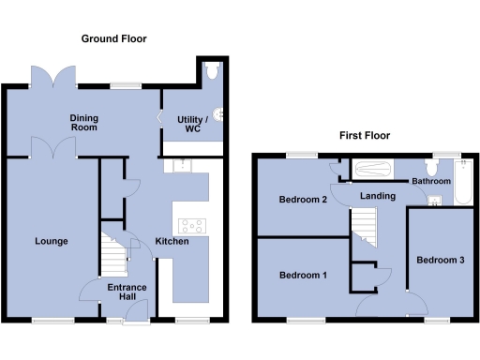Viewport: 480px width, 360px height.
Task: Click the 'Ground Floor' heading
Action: (113, 38)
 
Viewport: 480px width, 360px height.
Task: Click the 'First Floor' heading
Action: (365, 135)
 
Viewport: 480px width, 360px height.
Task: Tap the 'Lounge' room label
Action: (52, 241)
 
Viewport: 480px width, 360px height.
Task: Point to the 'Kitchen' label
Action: (172, 241)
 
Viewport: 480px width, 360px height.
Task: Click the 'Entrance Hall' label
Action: (125, 292)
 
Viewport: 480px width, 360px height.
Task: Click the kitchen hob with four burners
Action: (193, 225)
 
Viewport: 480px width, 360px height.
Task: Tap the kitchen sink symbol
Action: (178, 166)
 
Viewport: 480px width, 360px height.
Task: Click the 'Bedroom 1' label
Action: (304, 276)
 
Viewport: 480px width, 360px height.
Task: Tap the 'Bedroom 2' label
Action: (303, 199)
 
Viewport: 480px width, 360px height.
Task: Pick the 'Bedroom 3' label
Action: (440, 259)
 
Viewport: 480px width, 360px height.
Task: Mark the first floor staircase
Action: (364, 228)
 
